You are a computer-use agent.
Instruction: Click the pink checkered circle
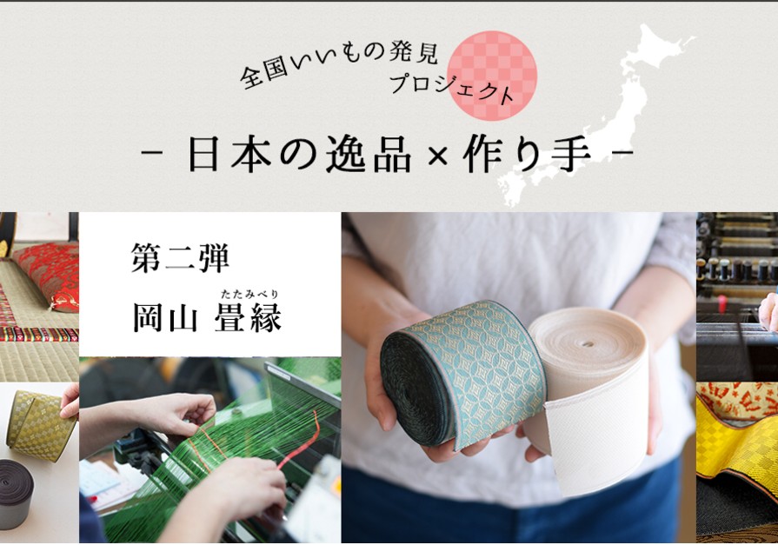pos(492,76)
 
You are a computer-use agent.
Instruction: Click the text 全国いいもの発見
pos(337,63)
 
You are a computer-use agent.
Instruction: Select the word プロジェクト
pos(451,90)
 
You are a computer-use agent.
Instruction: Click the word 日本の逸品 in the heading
pos(300,155)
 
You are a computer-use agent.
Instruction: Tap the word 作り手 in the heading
pos(527,155)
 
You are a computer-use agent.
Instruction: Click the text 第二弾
pos(180,257)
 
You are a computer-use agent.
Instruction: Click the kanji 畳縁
pos(248,316)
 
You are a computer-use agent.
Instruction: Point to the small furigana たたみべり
pos(250,295)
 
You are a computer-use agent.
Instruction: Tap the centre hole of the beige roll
pos(588,343)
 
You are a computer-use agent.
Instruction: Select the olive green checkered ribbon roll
pos(41,424)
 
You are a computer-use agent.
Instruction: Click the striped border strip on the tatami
pos(39,334)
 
